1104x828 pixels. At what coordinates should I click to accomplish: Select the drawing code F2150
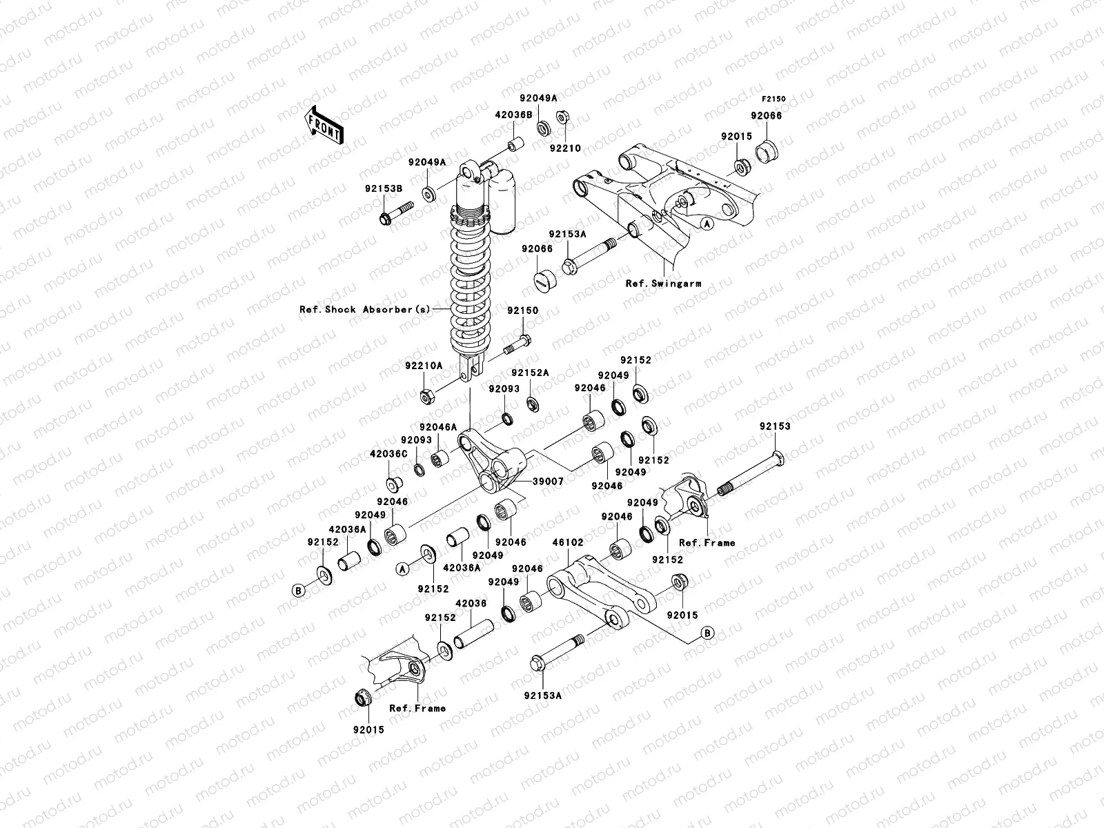[773, 99]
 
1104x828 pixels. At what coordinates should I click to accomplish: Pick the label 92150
[522, 310]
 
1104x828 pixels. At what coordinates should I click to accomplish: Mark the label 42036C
[388, 454]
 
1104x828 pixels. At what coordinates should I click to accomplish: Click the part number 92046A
[437, 427]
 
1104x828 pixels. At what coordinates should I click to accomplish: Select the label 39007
[549, 481]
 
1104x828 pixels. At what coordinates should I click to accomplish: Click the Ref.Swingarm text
[655, 283]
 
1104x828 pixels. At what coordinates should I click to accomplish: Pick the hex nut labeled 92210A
[427, 397]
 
